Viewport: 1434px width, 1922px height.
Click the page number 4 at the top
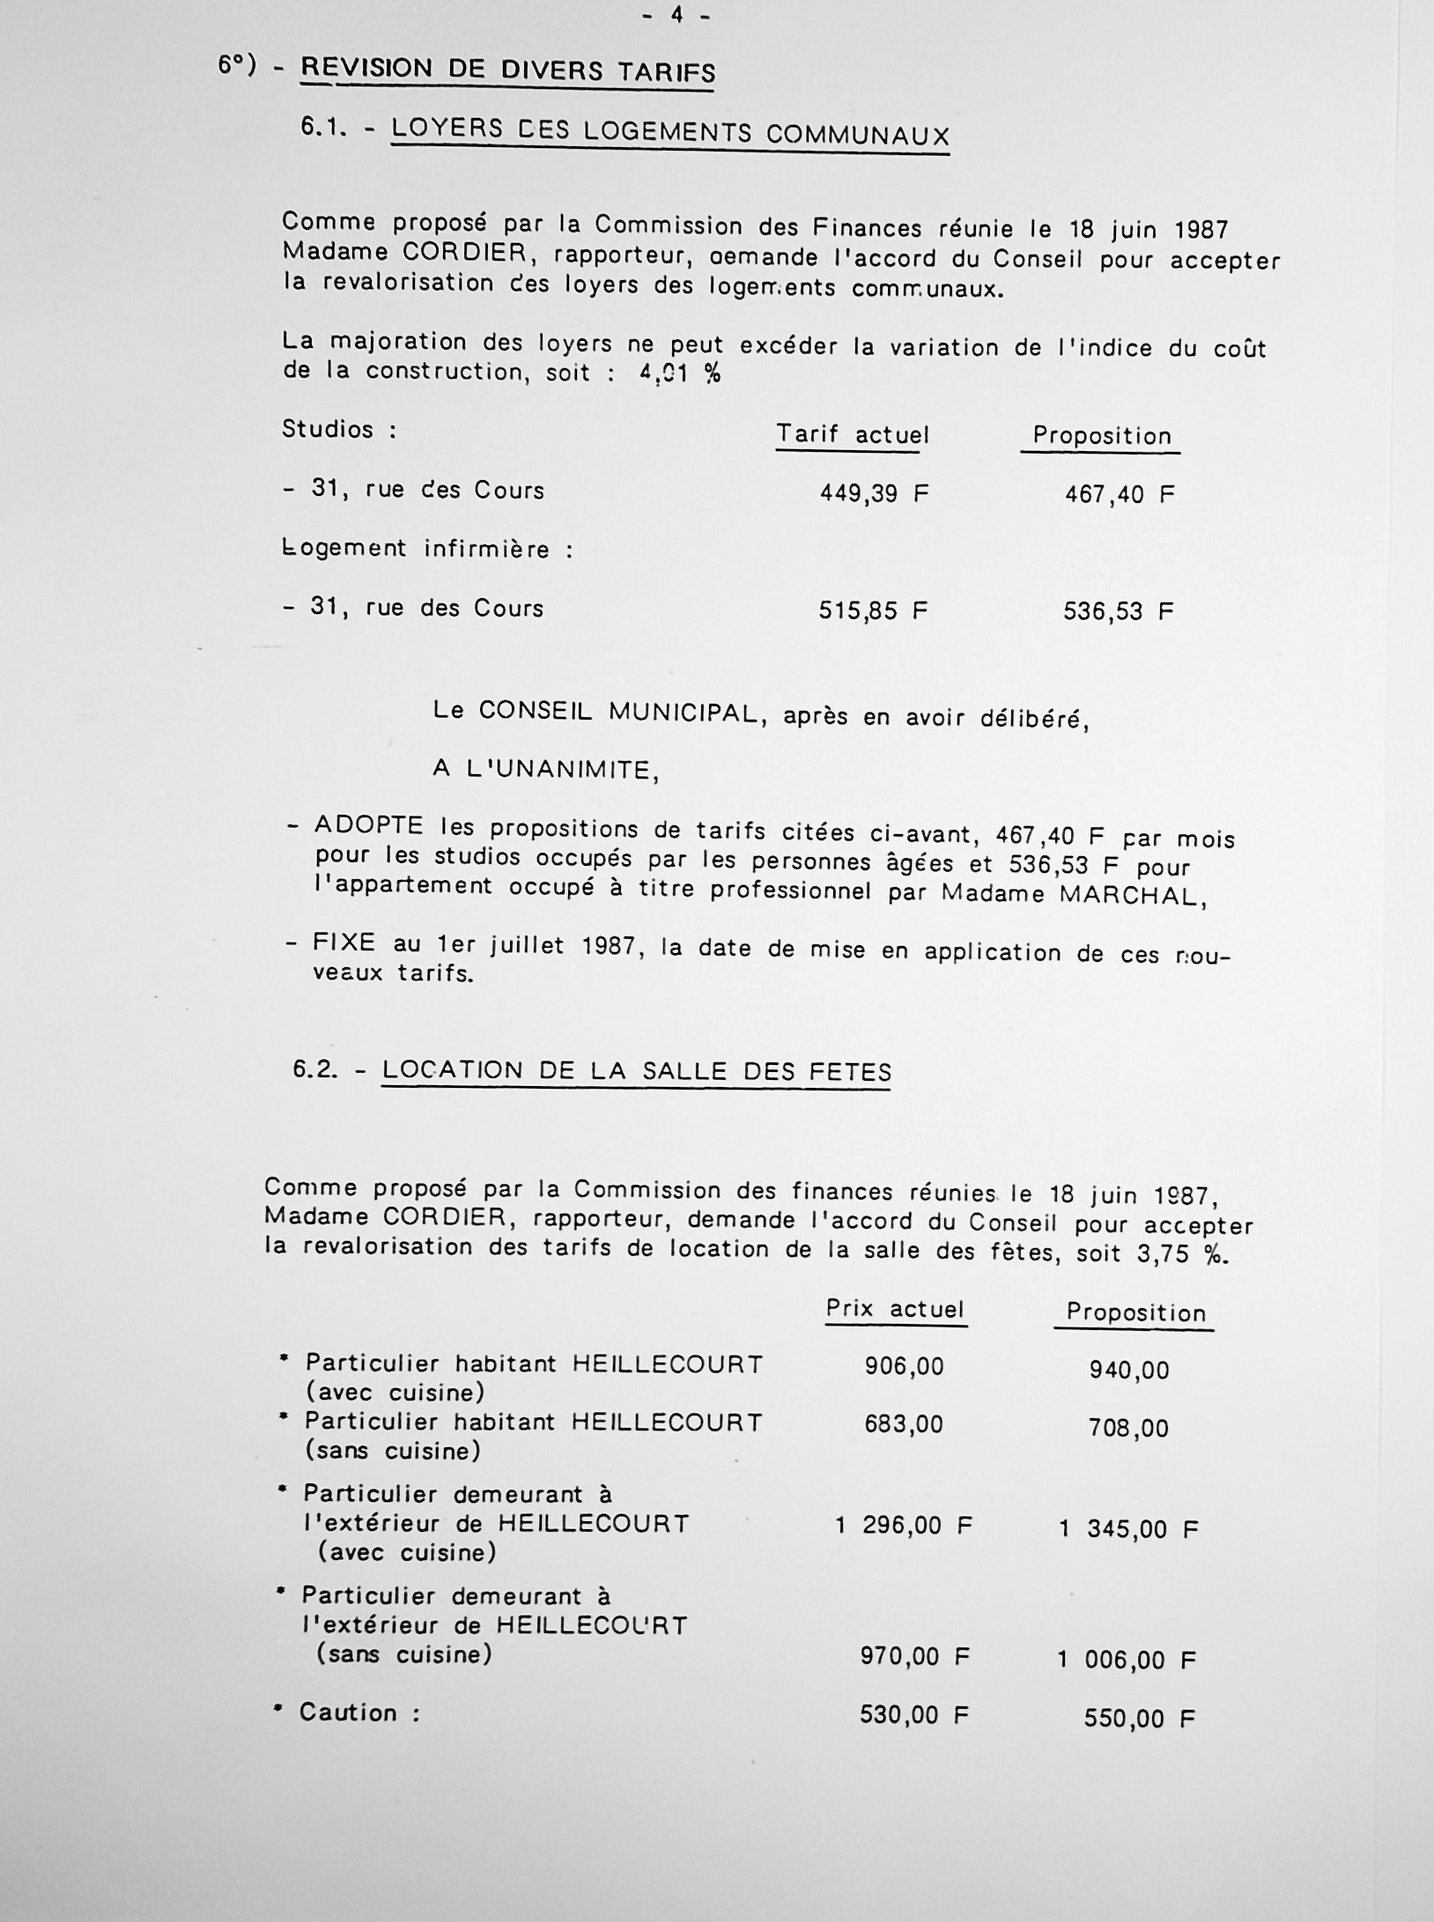676,15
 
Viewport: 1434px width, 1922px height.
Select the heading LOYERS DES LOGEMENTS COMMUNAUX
669,132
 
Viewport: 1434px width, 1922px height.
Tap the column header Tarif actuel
852,434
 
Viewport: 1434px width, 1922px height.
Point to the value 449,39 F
873,492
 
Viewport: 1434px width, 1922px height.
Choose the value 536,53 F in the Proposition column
1118,610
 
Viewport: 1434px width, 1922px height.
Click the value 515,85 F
872,610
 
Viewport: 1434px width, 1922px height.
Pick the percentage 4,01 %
679,373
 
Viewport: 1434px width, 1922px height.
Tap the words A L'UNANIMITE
546,770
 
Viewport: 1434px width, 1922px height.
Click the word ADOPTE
368,827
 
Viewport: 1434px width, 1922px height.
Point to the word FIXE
344,943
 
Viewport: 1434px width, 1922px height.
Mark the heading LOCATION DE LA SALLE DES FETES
636,1071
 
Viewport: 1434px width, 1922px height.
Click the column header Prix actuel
895,1309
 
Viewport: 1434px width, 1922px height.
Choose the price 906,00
904,1366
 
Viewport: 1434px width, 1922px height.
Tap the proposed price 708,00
1128,1427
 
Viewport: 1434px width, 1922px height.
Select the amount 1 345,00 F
1128,1529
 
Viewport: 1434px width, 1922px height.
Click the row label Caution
348,1713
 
